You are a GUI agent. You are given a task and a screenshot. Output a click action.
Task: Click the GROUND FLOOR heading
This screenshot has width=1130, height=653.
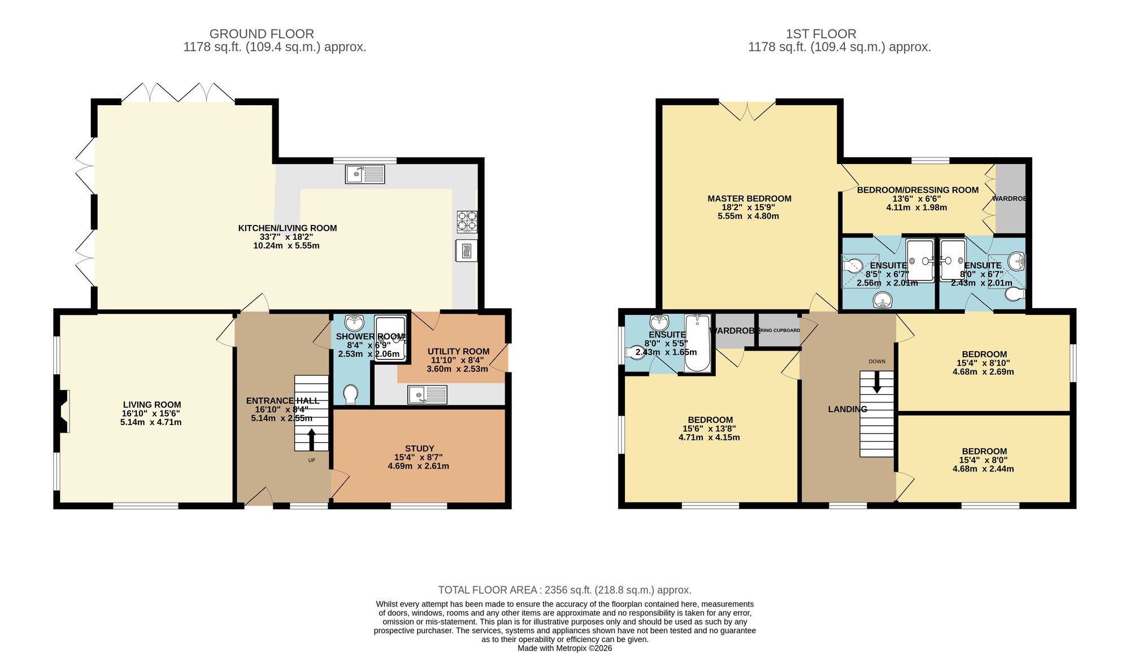262,34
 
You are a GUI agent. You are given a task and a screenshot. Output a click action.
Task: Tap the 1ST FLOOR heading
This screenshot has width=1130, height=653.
821,34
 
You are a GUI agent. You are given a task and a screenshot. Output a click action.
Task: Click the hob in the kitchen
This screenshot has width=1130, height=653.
467,222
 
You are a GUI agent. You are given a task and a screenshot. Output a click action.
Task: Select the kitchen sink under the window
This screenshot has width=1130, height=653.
364,174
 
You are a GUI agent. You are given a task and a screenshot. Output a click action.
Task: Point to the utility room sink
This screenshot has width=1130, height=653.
427,395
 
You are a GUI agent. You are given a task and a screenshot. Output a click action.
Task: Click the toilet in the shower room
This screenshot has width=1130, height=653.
350,394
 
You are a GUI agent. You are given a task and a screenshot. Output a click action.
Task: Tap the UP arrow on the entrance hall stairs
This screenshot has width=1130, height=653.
311,440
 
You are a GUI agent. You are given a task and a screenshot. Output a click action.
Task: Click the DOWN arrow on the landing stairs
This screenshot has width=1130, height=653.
877,382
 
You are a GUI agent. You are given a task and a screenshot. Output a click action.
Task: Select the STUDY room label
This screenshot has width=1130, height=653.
419,448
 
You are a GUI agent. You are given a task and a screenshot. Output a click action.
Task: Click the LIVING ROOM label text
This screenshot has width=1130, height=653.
152,405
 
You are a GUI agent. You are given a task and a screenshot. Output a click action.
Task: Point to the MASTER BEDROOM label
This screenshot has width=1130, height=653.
749,198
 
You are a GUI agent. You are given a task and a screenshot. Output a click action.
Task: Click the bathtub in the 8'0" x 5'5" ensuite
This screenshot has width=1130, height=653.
698,344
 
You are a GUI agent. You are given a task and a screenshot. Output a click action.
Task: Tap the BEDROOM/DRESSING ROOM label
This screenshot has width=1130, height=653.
918,190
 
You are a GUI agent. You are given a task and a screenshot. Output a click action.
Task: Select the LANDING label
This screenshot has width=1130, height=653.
847,409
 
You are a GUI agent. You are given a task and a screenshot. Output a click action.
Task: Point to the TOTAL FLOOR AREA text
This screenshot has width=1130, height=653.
564,590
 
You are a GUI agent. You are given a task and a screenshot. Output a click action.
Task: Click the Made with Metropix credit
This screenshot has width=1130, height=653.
564,648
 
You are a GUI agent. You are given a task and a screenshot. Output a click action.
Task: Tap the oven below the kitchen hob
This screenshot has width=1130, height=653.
466,250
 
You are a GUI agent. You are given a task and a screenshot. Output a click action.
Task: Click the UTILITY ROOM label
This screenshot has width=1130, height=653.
458,351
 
